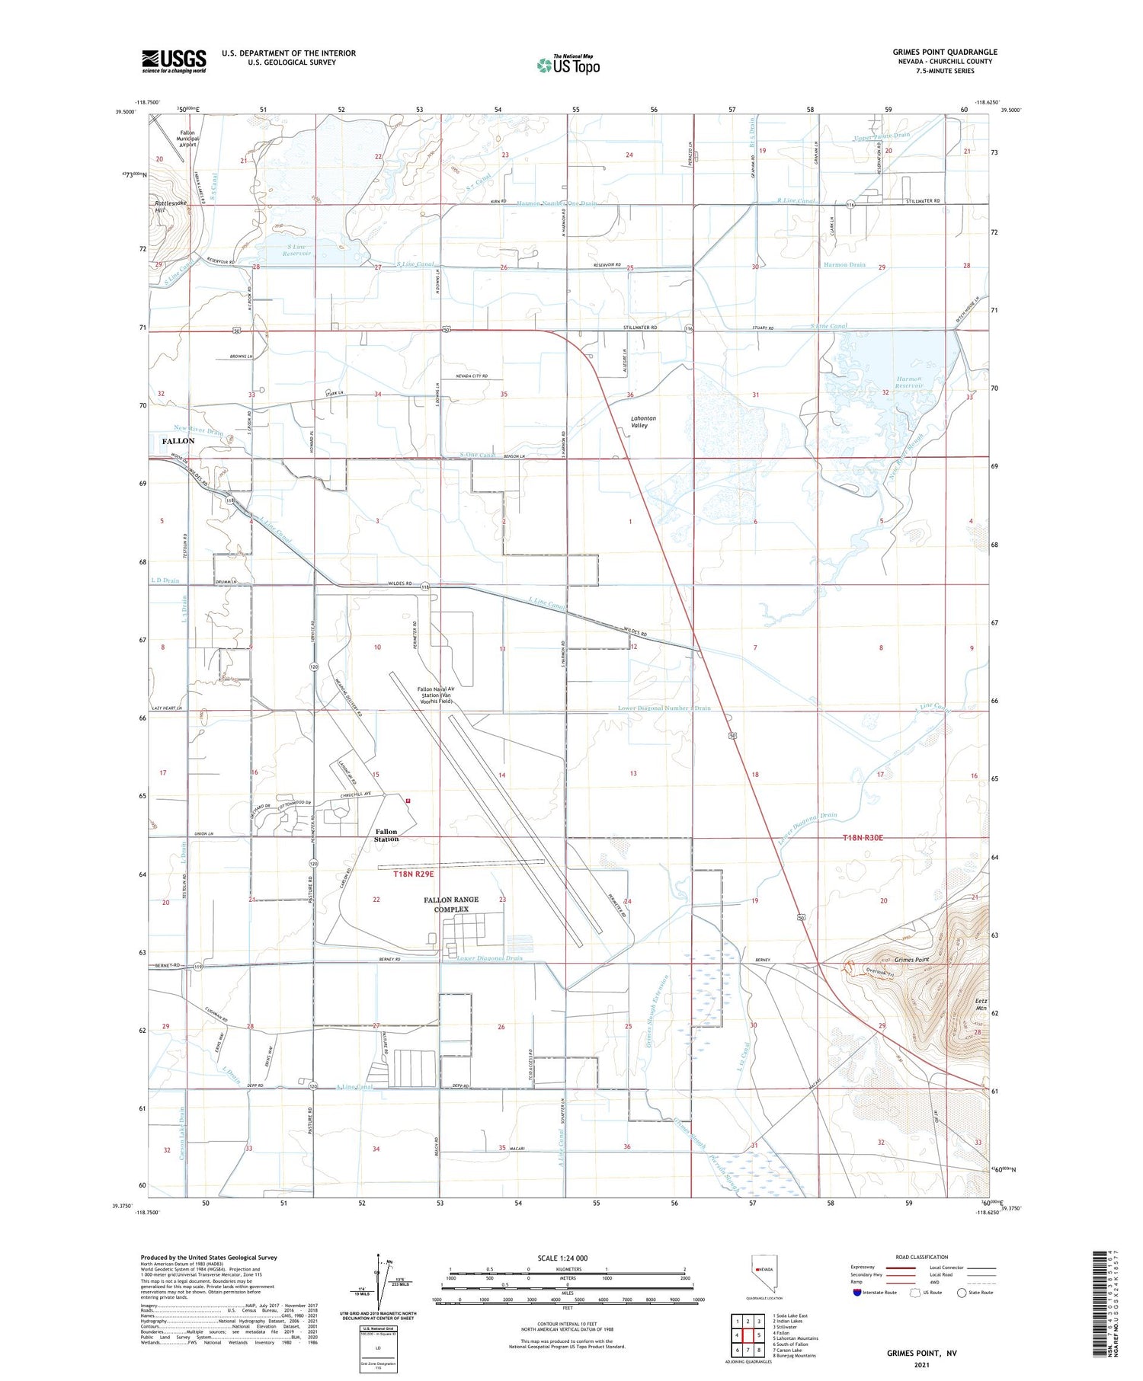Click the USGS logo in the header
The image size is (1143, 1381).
tap(174, 61)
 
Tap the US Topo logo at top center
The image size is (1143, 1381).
tap(568, 66)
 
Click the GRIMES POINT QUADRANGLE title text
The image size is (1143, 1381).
tap(944, 52)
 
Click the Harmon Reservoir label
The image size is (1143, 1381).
tap(908, 382)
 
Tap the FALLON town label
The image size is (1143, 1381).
tap(178, 441)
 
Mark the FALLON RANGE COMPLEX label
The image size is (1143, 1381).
tap(451, 904)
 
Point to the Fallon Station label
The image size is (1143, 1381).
tap(386, 835)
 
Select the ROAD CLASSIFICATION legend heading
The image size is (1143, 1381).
tap(922, 1257)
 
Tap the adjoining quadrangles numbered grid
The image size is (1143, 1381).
tap(748, 1335)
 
